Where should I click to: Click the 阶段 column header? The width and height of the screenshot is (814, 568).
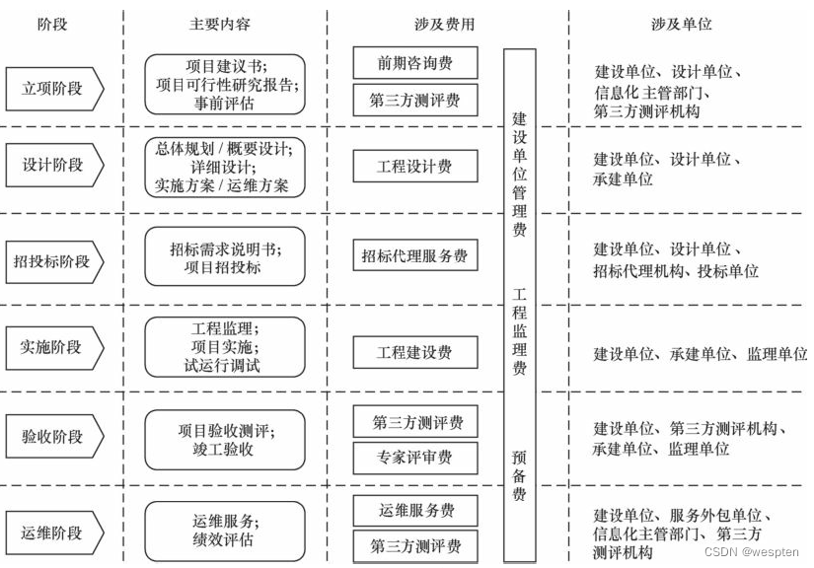click(51, 24)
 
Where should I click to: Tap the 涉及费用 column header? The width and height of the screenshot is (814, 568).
click(444, 24)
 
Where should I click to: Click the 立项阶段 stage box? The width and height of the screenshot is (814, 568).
click(54, 88)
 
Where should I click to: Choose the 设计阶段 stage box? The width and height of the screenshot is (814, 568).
click(54, 166)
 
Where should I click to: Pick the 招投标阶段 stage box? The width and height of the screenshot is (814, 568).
click(54, 261)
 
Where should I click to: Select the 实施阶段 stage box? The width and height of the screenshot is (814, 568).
click(54, 346)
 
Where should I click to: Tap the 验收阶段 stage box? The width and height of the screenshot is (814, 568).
click(54, 437)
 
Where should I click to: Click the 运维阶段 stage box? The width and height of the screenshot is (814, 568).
click(54, 533)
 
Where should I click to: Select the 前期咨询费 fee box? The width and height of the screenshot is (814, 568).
click(415, 63)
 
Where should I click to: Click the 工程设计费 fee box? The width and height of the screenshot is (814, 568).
click(415, 167)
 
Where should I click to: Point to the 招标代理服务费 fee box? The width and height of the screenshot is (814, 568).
click(415, 256)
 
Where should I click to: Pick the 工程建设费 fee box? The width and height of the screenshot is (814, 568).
click(415, 352)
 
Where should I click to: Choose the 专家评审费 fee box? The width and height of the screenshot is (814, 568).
click(415, 458)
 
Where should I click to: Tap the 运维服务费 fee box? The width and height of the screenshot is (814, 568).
click(415, 511)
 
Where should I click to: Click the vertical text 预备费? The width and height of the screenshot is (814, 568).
click(519, 476)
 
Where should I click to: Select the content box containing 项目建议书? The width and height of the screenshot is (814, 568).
click(225, 84)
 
